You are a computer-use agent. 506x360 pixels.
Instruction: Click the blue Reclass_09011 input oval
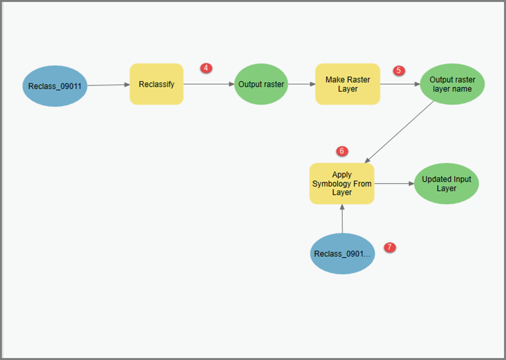click(x=54, y=86)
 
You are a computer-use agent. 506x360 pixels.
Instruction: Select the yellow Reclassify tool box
click(x=156, y=84)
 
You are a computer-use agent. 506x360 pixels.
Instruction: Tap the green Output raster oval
click(x=261, y=84)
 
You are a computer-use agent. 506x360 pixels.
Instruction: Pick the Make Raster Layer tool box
click(x=348, y=84)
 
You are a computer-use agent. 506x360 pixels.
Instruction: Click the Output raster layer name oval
click(x=453, y=84)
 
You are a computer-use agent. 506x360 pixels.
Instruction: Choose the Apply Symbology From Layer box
click(x=341, y=183)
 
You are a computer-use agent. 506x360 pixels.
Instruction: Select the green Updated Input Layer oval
click(x=446, y=183)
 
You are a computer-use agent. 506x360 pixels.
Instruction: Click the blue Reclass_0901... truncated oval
click(x=343, y=254)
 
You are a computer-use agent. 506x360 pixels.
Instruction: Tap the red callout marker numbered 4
click(x=206, y=68)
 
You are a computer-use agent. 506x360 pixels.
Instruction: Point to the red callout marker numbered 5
click(x=399, y=71)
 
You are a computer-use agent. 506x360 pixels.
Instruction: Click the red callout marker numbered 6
click(x=341, y=151)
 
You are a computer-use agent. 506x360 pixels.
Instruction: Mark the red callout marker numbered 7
click(x=390, y=247)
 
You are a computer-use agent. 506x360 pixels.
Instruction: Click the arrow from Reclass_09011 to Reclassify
click(x=108, y=85)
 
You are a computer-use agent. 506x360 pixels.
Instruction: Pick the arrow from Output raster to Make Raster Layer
click(x=302, y=84)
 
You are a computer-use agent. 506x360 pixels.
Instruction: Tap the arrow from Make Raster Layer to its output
click(x=400, y=84)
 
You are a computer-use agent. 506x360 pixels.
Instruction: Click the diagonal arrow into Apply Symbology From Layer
click(x=400, y=132)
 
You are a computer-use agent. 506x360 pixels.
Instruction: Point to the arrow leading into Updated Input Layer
click(x=394, y=183)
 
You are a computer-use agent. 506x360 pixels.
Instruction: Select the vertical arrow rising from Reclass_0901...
click(x=342, y=219)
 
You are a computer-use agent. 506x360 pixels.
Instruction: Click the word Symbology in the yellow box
click(x=341, y=183)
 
